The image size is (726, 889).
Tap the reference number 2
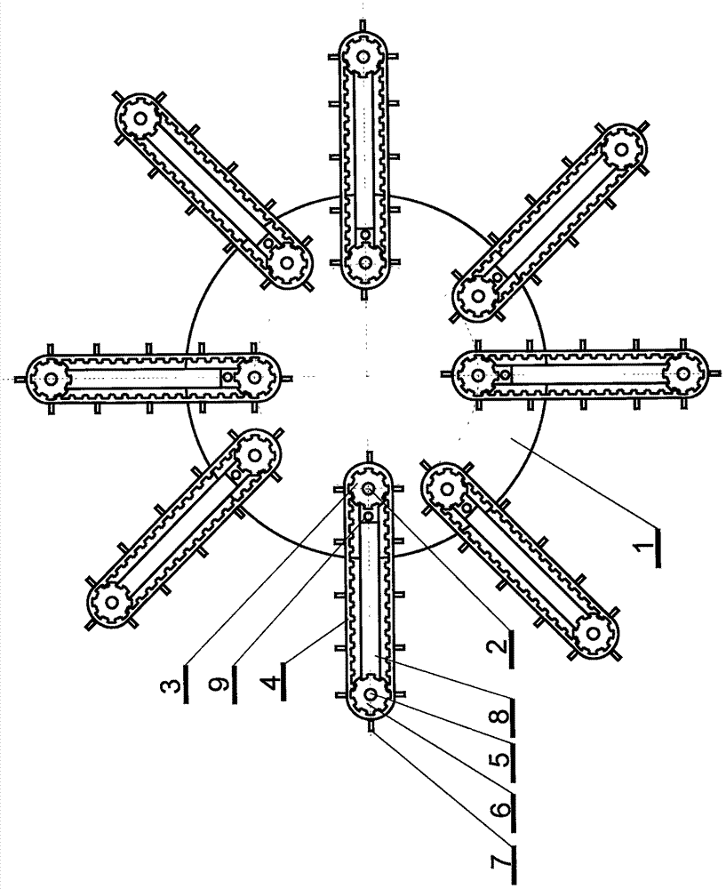[501, 647]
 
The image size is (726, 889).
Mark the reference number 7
[501, 862]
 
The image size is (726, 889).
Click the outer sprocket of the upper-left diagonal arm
[139, 119]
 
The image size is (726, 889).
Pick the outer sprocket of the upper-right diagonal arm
[622, 149]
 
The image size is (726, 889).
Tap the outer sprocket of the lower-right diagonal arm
[592, 631]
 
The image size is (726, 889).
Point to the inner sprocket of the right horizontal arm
[479, 374]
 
